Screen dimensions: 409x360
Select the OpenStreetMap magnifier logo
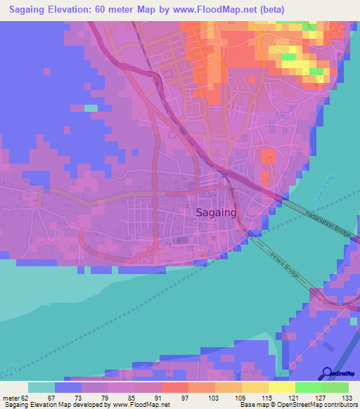point(328,373)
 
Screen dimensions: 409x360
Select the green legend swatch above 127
point(309,387)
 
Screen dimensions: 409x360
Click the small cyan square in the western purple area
point(91,108)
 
